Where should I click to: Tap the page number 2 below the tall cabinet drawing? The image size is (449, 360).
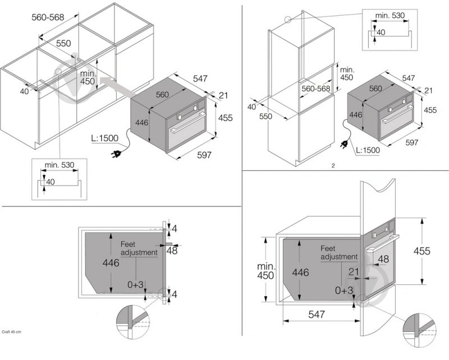[x=333, y=165]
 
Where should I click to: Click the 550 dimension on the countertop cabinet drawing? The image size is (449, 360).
[x=63, y=43]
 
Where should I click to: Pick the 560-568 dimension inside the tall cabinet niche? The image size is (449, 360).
[x=316, y=89]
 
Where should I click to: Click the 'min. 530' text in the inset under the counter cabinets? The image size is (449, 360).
[x=60, y=165]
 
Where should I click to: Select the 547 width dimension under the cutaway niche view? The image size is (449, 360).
[x=317, y=315]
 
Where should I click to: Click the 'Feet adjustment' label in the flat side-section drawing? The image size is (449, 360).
[x=139, y=248]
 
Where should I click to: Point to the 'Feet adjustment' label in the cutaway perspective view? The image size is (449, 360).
[x=338, y=252]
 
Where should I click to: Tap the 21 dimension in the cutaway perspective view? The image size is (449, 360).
[x=354, y=271]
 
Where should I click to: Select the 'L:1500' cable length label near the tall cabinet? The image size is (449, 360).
[x=368, y=150]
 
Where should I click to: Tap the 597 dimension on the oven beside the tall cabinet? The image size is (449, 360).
[x=411, y=143]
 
